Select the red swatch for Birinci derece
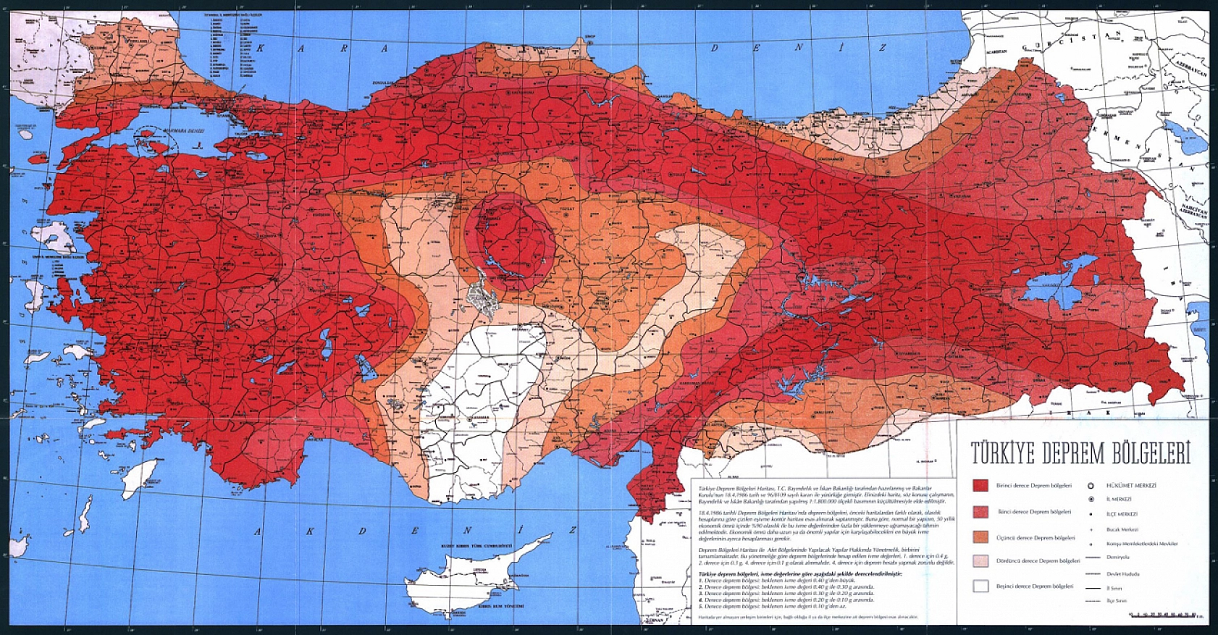(x=980, y=486)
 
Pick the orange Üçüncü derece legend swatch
(x=980, y=537)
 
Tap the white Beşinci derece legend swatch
(x=980, y=586)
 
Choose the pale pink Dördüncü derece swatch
(x=980, y=561)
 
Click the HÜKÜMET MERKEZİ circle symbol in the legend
(x=1091, y=485)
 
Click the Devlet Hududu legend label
(x=1123, y=573)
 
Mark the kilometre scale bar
(x=1166, y=615)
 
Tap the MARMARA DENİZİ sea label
(x=180, y=132)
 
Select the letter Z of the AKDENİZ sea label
(x=573, y=530)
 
